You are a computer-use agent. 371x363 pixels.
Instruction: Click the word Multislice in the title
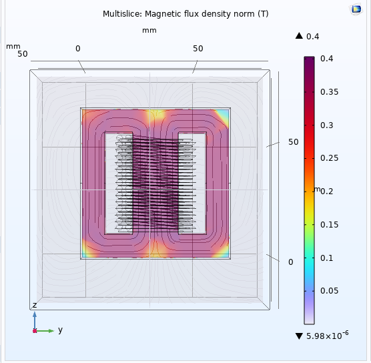[122, 14]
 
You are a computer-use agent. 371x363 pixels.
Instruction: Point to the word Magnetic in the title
[160, 14]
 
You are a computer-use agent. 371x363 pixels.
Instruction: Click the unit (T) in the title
[263, 14]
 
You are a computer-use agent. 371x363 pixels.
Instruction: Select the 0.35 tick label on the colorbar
[329, 92]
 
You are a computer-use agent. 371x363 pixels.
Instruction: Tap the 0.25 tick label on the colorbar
[329, 158]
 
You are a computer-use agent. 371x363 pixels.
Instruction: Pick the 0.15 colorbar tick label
[329, 225]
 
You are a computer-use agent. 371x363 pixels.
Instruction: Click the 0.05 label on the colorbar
[329, 291]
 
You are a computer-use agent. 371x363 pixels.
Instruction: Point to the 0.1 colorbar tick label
[326, 258]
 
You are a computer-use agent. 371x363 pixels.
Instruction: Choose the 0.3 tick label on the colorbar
[326, 125]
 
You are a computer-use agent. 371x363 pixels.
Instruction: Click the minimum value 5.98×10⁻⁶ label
[327, 336]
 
